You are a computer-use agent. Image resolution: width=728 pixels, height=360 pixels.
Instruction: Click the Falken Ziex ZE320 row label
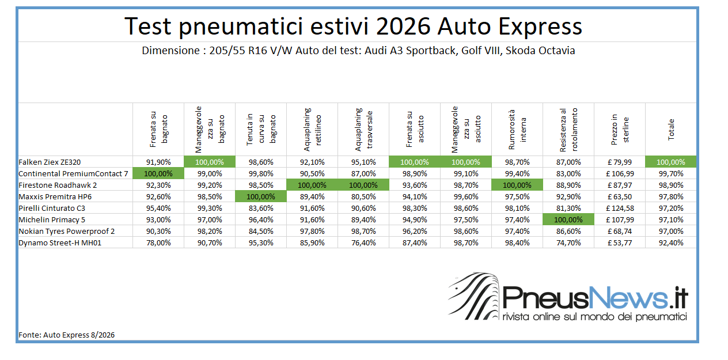pos(50,162)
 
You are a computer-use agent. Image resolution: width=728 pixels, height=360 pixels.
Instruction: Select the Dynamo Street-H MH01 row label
pos(60,242)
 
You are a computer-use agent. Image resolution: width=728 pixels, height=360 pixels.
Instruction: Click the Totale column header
pos(671,130)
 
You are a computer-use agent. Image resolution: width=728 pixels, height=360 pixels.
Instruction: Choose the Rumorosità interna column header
pos(517,130)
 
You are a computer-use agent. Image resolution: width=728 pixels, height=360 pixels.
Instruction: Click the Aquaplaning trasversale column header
pos(363,130)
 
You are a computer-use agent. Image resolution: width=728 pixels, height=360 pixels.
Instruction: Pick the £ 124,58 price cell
pos(620,209)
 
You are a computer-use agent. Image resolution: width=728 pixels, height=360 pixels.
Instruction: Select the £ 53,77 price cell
pos(620,242)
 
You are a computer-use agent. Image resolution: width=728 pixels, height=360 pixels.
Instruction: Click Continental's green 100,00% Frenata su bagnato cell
pos(158,173)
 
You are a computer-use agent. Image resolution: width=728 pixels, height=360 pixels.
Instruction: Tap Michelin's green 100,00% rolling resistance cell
pos(568,219)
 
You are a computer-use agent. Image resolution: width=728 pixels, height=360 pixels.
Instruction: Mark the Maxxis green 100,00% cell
pos(261,196)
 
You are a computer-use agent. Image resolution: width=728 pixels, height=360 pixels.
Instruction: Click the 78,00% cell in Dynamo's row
pos(158,242)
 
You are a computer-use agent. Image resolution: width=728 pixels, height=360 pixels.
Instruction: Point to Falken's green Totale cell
pos(671,162)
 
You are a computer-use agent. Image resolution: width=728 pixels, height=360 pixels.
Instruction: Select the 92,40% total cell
pos(671,242)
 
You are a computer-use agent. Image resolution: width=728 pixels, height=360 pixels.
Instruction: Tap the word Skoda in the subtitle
pos(520,51)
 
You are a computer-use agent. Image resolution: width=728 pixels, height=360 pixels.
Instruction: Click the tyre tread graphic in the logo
pos(474,296)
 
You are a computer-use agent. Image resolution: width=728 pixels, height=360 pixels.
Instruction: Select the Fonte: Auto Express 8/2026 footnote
pos(67,335)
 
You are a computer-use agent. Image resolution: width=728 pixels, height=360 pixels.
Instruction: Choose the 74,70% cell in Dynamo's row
pos(568,242)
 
